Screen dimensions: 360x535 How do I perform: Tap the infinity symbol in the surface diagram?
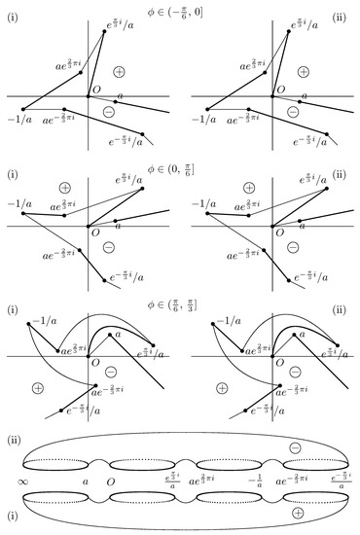pyautogui.click(x=22, y=480)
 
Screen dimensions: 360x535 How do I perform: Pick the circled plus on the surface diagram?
pyautogui.click(x=297, y=513)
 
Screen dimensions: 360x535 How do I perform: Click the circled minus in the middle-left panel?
pyautogui.click(x=109, y=247)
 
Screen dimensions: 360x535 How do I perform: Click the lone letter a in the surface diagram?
pyautogui.click(x=86, y=481)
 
